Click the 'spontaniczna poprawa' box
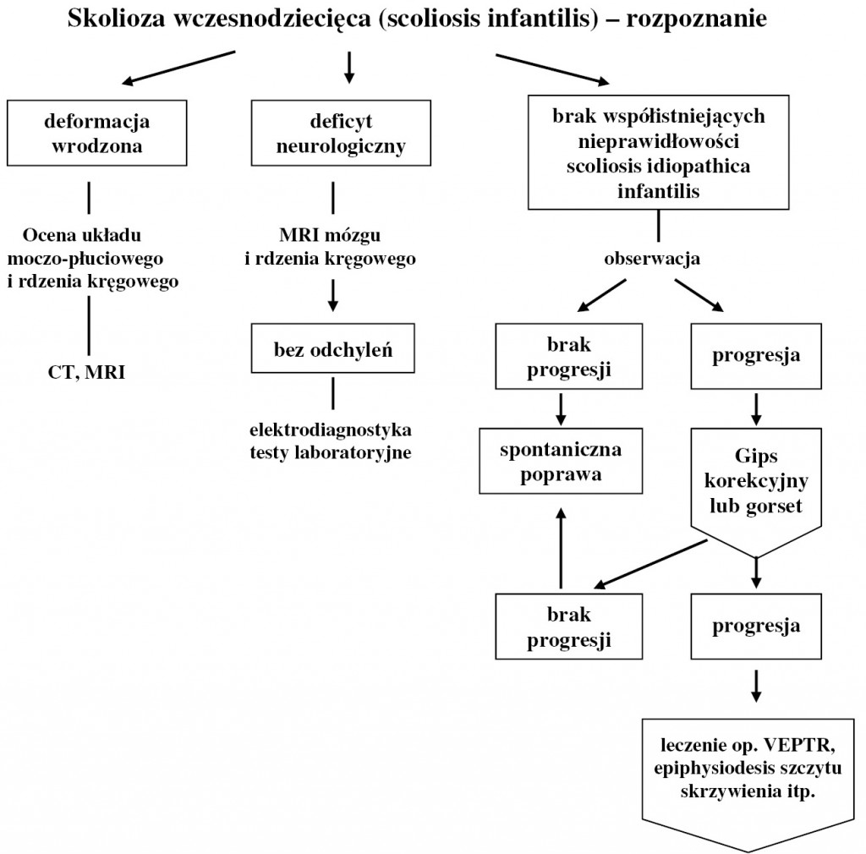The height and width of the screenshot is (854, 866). (560, 461)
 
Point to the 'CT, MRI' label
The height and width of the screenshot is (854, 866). (87, 371)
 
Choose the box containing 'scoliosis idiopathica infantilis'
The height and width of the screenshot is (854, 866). (658, 152)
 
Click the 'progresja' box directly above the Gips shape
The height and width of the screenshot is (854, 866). (756, 356)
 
